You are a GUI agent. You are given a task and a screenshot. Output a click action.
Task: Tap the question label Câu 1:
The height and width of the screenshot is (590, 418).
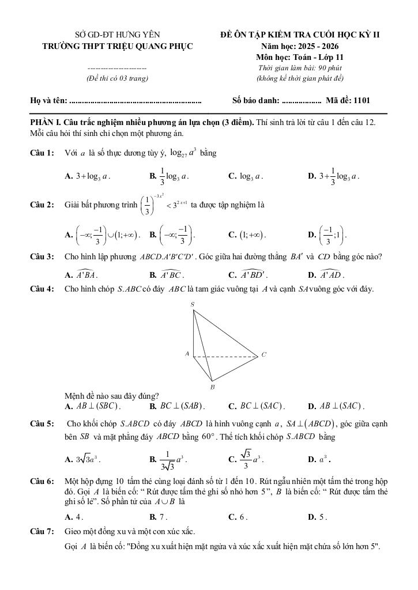(42, 153)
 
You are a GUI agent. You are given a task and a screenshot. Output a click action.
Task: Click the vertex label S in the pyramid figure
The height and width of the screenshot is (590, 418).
(192, 304)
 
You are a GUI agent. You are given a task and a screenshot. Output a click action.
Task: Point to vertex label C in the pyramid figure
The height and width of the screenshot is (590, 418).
(263, 355)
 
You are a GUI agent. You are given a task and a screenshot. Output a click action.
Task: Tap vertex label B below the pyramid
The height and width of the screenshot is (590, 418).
(212, 387)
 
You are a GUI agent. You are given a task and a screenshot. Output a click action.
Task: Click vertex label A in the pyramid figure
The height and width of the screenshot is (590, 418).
(187, 354)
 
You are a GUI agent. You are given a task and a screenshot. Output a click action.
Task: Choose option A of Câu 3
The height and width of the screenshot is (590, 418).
(86, 275)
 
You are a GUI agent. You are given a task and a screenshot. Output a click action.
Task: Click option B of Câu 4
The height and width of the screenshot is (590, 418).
(174, 406)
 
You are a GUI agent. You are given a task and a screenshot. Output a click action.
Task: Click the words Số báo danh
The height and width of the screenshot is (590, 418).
(255, 100)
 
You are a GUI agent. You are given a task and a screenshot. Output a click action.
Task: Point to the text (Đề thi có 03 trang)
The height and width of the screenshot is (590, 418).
(117, 78)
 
